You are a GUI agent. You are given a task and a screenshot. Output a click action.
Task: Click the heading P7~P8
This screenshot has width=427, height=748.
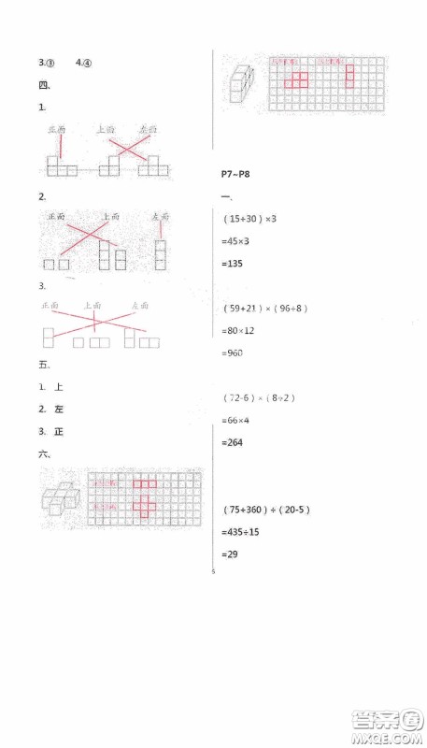234,174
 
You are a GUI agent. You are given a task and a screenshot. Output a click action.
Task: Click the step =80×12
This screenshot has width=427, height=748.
238,330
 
